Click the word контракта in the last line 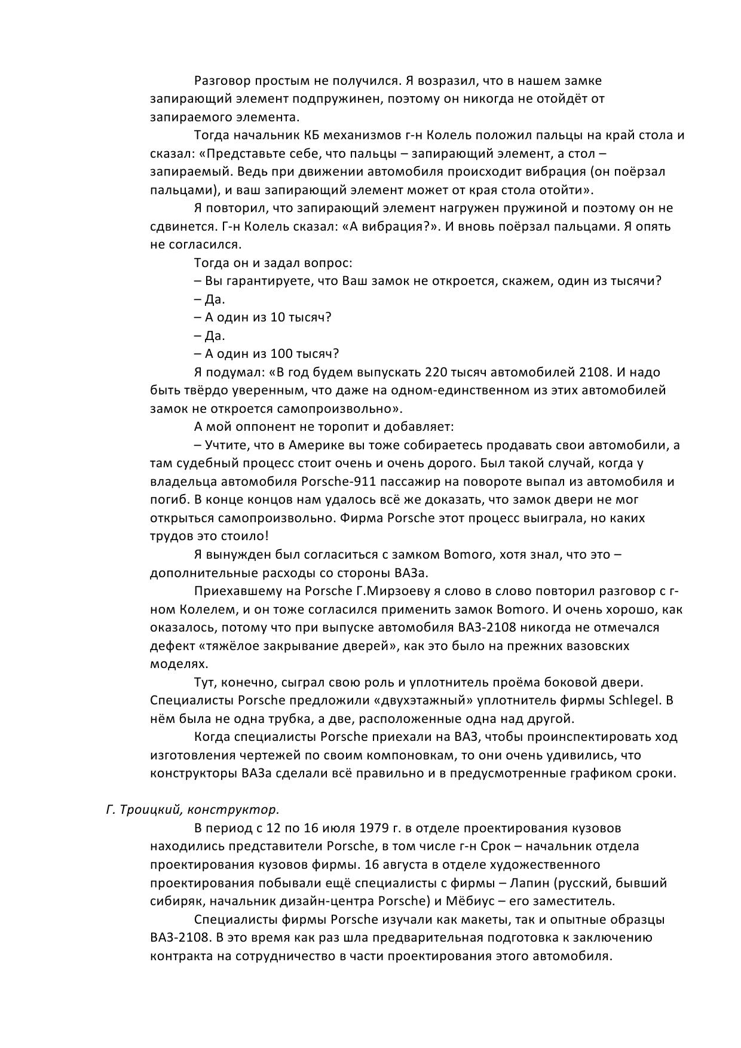pos(178,955)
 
